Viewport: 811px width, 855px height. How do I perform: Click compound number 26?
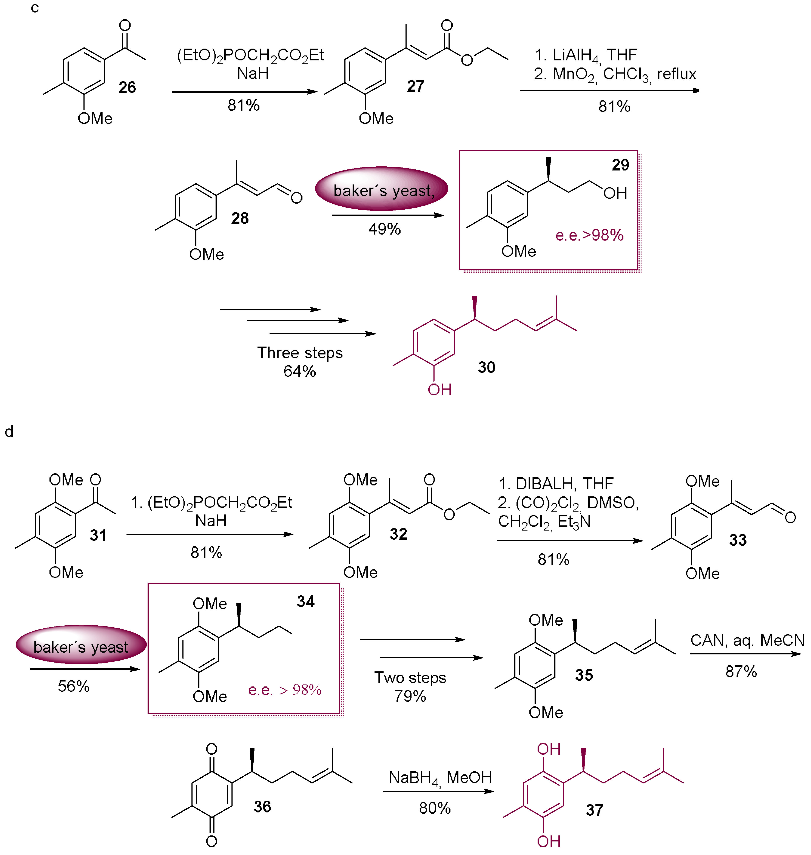tap(127, 87)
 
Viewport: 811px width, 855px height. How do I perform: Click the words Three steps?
tap(300, 353)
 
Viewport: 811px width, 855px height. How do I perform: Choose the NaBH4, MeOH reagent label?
tap(440, 778)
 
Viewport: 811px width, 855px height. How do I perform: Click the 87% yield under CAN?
tap(741, 671)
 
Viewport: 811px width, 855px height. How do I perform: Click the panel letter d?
tap(9, 432)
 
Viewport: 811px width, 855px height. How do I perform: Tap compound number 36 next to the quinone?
tap(262, 806)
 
